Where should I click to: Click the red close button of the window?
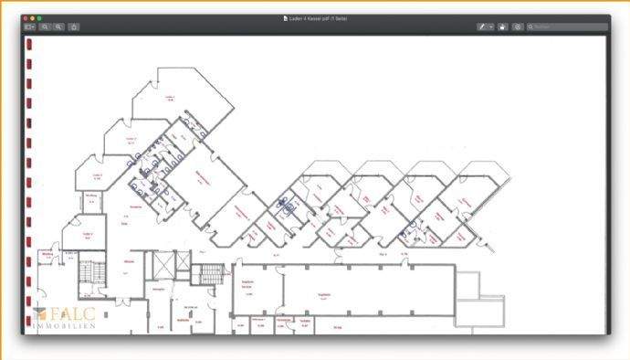(x=26, y=18)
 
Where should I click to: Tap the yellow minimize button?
(x=33, y=18)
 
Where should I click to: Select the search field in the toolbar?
(x=567, y=27)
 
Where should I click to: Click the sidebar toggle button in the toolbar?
(x=29, y=27)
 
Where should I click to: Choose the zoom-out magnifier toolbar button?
(x=45, y=27)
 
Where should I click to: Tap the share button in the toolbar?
(x=73, y=27)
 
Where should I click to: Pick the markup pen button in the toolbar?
(x=481, y=27)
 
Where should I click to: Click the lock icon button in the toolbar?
(x=503, y=27)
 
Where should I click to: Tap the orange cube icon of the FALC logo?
(x=38, y=313)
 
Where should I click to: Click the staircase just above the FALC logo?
(x=87, y=273)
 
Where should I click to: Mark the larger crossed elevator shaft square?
(x=160, y=266)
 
